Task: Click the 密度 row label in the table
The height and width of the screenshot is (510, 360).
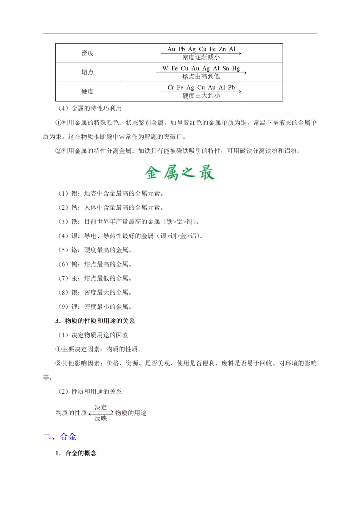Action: [x=88, y=53]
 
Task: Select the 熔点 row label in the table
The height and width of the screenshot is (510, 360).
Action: [x=88, y=72]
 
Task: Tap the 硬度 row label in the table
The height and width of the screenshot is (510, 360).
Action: [x=88, y=92]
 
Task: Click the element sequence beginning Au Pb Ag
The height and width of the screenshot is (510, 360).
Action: [x=201, y=49]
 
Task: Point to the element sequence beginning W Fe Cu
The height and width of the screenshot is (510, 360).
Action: [x=201, y=68]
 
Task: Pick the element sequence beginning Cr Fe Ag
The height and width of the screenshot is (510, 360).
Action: [x=201, y=88]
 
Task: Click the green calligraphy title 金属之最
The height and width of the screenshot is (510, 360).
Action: [x=180, y=173]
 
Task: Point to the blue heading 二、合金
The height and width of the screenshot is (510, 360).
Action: [x=60, y=437]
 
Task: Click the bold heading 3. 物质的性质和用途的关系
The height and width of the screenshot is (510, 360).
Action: [x=95, y=321]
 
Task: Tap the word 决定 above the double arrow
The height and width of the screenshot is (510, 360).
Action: [x=101, y=407]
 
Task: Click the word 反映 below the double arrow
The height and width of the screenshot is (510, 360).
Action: [x=101, y=418]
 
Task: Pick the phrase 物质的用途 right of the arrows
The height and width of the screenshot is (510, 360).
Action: [x=131, y=413]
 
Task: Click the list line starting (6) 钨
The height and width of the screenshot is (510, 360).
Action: [x=94, y=264]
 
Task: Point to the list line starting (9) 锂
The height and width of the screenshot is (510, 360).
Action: [x=94, y=307]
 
